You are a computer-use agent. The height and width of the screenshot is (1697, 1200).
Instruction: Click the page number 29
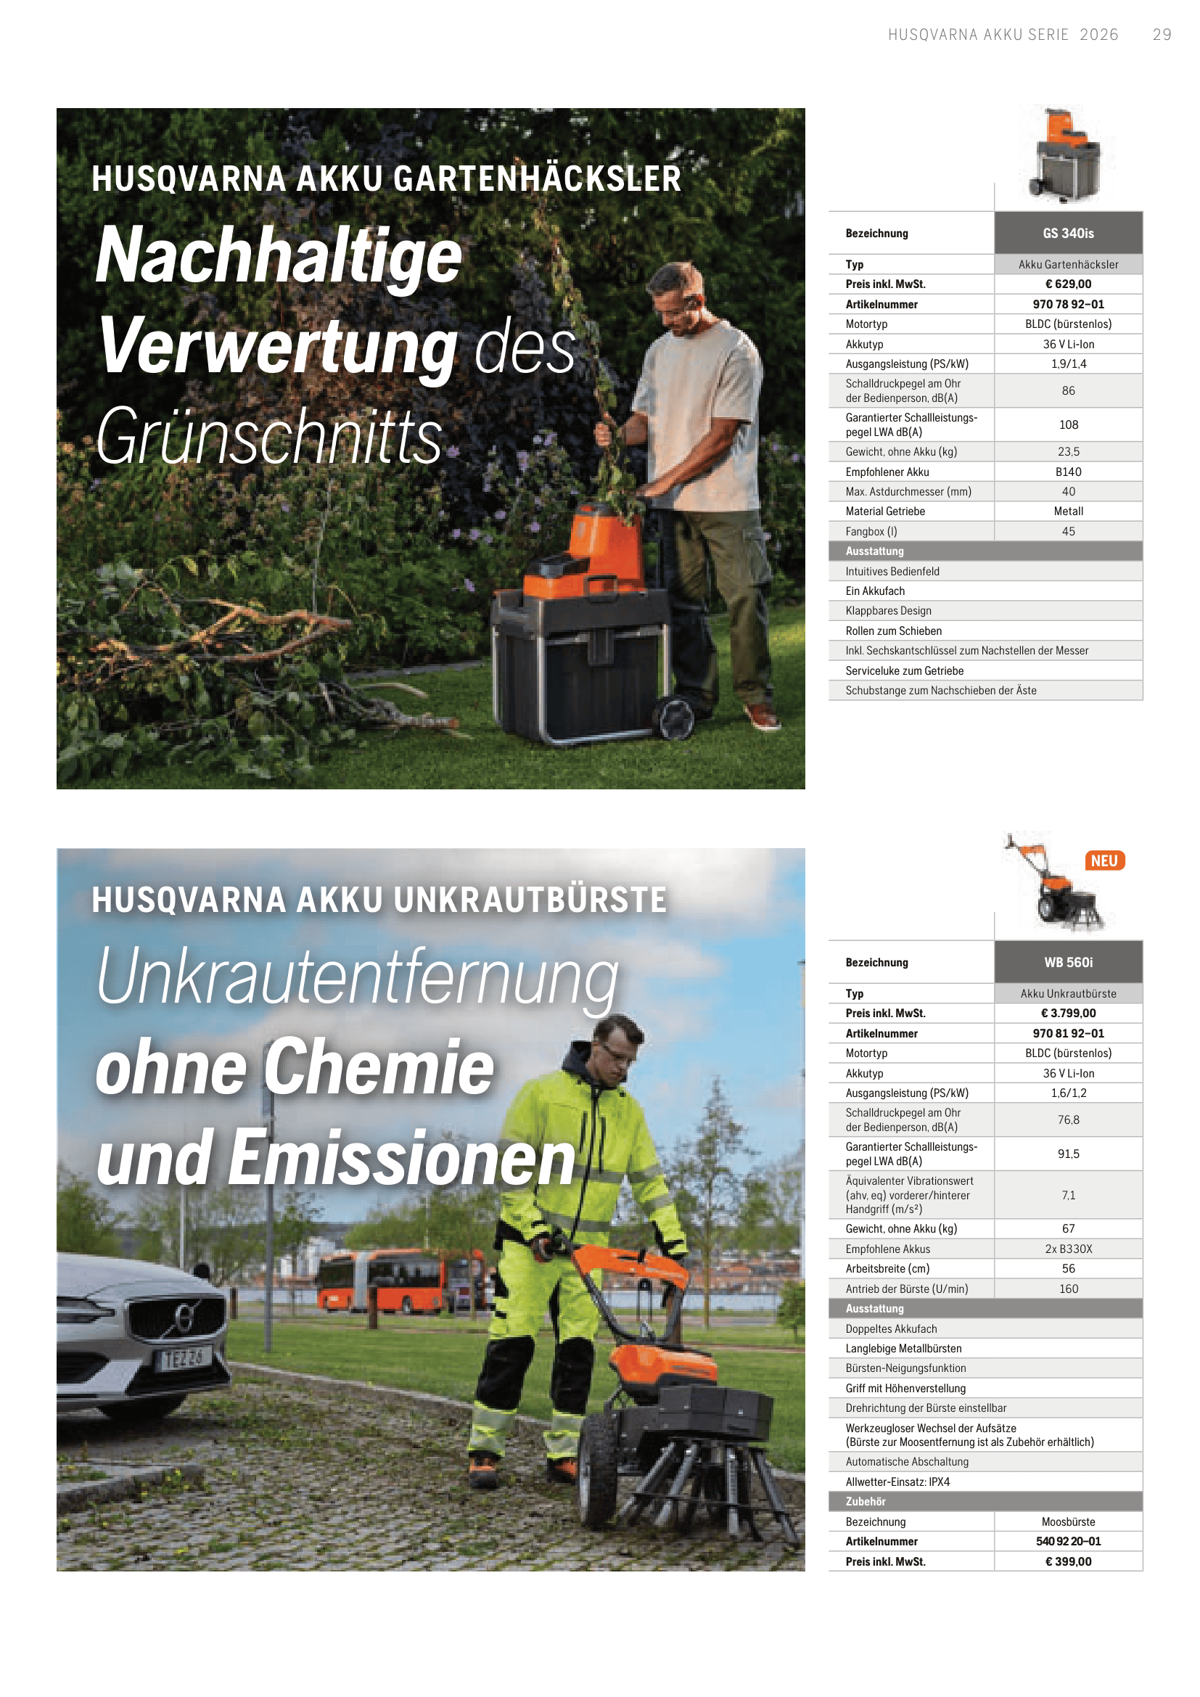point(1162,35)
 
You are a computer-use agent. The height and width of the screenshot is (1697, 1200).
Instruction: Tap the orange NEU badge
point(1104,861)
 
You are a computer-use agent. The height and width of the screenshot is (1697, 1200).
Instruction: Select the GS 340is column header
point(1068,234)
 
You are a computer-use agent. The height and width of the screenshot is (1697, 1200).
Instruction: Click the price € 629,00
point(1068,284)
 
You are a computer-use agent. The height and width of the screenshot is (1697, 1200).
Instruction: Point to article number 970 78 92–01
point(1068,305)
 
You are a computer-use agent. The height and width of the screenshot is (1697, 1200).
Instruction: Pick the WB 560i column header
point(1068,962)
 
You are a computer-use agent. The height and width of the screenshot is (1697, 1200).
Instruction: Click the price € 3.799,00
point(1068,1014)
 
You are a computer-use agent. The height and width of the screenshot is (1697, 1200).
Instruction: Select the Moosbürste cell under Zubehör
point(1068,1522)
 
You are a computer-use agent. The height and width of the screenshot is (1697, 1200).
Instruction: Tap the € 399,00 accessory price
point(1068,1562)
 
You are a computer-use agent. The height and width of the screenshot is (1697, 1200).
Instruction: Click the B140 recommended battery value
point(1068,472)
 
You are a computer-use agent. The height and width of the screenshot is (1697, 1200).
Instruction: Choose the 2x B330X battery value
point(1068,1249)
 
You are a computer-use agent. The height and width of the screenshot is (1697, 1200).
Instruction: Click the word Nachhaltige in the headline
point(279,255)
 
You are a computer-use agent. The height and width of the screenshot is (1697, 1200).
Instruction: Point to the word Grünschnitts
point(269,437)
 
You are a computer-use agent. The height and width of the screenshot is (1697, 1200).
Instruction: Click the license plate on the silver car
point(186,1357)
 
